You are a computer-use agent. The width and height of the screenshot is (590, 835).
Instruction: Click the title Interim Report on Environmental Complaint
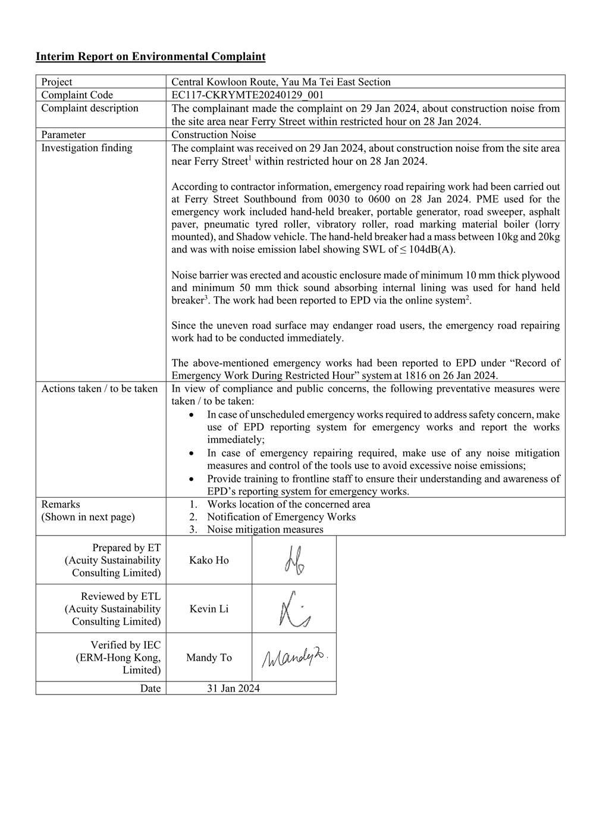click(x=150, y=57)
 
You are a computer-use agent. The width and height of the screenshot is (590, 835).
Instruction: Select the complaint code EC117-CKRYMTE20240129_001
click(x=247, y=95)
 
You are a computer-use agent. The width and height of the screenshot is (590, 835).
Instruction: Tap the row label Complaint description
click(x=90, y=108)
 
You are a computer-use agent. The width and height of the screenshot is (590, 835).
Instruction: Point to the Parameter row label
click(x=63, y=135)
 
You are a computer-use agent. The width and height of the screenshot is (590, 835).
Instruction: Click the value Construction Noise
click(x=214, y=135)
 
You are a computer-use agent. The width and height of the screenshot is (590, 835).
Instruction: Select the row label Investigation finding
click(x=87, y=148)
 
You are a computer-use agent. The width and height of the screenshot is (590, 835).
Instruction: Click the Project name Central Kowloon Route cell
click(x=281, y=82)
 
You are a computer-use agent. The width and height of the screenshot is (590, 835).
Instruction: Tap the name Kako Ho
click(x=209, y=560)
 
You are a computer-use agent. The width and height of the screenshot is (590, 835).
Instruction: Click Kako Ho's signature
click(x=294, y=561)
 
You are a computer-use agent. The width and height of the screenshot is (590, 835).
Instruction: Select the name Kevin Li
click(x=209, y=609)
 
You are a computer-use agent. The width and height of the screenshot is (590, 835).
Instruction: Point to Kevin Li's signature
click(x=294, y=609)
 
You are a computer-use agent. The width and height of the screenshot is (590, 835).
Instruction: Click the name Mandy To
click(x=209, y=658)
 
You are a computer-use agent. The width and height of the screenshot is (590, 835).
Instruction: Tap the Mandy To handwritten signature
click(x=294, y=658)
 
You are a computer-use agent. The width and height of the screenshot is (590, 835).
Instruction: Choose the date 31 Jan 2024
click(x=233, y=689)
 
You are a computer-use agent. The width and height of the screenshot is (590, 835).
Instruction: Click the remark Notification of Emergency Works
click(x=281, y=517)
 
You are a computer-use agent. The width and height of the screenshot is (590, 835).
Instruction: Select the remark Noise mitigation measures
click(x=265, y=529)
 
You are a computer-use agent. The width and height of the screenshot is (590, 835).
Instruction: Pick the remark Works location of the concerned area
click(x=288, y=504)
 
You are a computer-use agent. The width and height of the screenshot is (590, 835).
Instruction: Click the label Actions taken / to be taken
click(x=99, y=389)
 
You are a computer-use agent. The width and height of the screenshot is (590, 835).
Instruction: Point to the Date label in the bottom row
click(x=150, y=689)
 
